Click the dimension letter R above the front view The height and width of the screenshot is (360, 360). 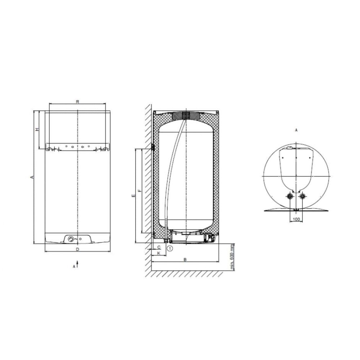[x=78, y=102]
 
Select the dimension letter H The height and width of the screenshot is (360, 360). [x=37, y=130]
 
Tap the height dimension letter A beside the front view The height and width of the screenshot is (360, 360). [x=32, y=177]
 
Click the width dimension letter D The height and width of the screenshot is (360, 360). [x=78, y=249]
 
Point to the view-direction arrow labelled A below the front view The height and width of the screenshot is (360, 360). [x=77, y=264]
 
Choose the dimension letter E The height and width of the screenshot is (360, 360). [x=133, y=195]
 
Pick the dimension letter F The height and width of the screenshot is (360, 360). [x=139, y=190]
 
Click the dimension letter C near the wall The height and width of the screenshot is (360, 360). [x=159, y=247]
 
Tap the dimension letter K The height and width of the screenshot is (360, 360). [x=159, y=253]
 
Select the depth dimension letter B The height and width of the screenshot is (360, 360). [x=185, y=260]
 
